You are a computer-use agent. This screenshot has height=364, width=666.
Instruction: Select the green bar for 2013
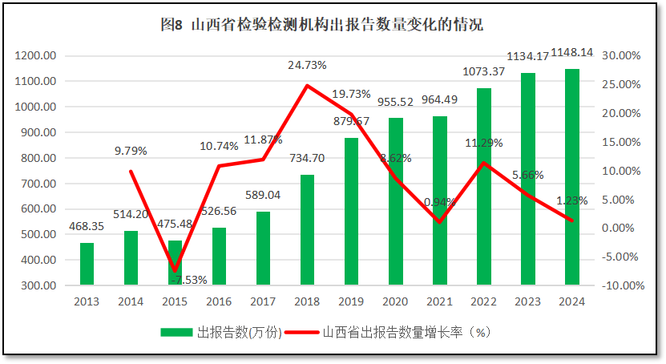click(87, 264)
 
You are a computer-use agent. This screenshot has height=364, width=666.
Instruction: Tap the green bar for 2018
click(307, 229)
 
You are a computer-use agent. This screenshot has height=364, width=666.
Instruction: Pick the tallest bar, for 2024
click(571, 176)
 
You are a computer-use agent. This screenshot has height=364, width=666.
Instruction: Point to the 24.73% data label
click(308, 64)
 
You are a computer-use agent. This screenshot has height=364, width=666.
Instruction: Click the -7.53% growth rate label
click(189, 280)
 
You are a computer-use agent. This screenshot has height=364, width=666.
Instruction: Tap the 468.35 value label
click(87, 227)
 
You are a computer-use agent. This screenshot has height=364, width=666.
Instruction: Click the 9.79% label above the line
click(131, 151)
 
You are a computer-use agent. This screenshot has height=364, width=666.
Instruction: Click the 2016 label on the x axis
click(219, 302)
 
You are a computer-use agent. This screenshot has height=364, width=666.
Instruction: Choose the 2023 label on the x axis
click(527, 302)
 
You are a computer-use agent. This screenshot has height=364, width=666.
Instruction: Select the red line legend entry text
click(406, 333)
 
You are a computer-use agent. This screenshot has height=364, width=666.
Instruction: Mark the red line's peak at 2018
click(307, 85)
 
